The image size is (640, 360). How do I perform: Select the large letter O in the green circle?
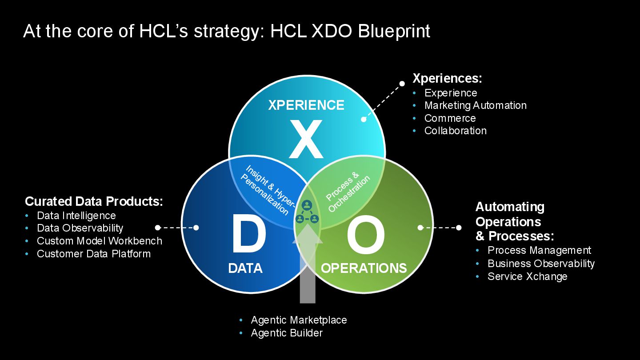pos(365,236)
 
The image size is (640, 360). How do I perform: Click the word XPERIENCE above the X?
pos(306,105)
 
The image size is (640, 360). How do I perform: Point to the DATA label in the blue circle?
pos(245,268)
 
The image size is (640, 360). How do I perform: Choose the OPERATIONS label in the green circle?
pos(364,268)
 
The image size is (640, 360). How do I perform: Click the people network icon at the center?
pos(307,212)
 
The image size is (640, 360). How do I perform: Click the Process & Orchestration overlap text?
pos(348,193)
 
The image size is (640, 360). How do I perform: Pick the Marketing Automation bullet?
pos(475,105)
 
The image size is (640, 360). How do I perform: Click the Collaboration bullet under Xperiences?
pos(455,131)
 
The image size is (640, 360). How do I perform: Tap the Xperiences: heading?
pos(447,78)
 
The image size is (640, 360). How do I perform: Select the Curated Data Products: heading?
pos(94,201)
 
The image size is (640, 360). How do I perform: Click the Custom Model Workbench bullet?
pos(99,241)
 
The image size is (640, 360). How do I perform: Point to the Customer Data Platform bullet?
pos(93,254)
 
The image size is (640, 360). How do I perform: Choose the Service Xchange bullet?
pos(527,276)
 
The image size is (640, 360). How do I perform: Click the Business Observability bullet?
pos(541,264)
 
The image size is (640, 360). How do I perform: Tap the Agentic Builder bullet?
pos(287,333)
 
